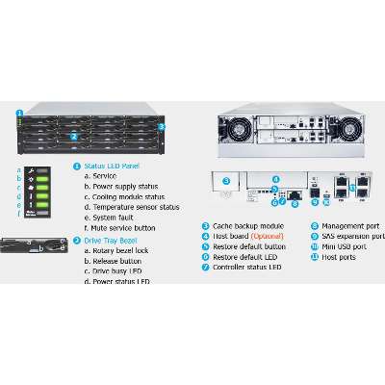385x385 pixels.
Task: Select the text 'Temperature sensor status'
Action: pos(136,206)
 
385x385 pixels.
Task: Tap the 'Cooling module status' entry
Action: pos(128,195)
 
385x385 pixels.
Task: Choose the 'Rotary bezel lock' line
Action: pos(122,250)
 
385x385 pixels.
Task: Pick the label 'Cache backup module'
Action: pos(244,226)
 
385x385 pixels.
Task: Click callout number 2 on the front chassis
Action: pos(73,137)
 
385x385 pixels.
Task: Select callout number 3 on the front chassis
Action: pos(162,126)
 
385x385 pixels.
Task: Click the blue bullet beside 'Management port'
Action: pos(314,226)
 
